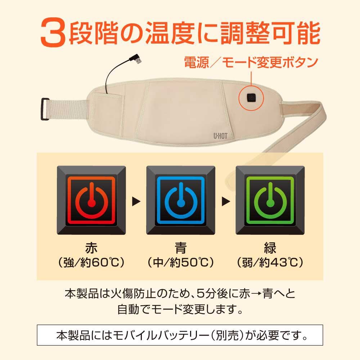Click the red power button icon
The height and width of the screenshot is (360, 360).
(x=91, y=200)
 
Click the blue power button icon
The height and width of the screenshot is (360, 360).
(x=181, y=200)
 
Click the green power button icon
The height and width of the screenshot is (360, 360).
(x=270, y=200)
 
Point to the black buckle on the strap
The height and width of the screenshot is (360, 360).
(x=45, y=109)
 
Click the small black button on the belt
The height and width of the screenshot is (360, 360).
(x=251, y=98)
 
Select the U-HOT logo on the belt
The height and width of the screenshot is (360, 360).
(x=220, y=136)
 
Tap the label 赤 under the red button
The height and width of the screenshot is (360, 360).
(x=91, y=248)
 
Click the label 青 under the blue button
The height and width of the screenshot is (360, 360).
(x=180, y=248)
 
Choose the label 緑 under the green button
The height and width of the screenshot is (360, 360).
(x=270, y=248)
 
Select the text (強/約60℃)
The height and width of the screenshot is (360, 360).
(x=91, y=262)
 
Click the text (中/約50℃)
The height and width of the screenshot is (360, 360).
(x=181, y=262)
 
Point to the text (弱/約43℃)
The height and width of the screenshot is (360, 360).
(x=270, y=262)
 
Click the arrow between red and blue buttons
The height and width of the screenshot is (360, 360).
(x=136, y=202)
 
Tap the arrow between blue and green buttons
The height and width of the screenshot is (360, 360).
(x=226, y=202)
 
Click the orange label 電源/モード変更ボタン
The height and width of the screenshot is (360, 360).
(x=251, y=62)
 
